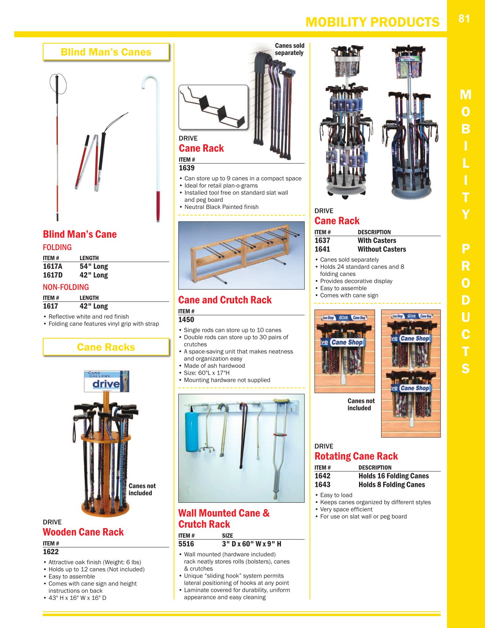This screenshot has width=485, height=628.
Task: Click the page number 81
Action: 464,19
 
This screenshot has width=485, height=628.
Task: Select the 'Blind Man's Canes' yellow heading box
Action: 106,52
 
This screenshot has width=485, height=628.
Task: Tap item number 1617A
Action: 53,266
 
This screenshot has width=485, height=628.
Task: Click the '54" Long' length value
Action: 94,266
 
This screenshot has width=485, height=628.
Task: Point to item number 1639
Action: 187,168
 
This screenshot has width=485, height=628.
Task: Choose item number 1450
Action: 186,320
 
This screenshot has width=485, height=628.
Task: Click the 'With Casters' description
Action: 376,241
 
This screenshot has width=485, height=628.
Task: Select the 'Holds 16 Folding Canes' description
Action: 393,476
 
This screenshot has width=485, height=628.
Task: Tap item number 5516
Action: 186,544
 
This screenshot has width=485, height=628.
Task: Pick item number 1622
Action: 51,552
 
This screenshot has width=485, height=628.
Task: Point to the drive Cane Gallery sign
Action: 106,381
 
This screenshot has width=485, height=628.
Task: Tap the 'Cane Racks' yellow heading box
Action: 106,347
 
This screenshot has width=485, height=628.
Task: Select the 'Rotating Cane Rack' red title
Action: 356,456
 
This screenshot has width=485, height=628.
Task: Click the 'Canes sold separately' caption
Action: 289,49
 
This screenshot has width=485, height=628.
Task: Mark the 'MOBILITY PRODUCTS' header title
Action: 372,22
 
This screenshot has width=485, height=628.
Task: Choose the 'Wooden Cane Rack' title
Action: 83,532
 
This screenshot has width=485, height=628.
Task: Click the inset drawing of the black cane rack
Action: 213,107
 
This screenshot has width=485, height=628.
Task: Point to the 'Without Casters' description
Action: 382,249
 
